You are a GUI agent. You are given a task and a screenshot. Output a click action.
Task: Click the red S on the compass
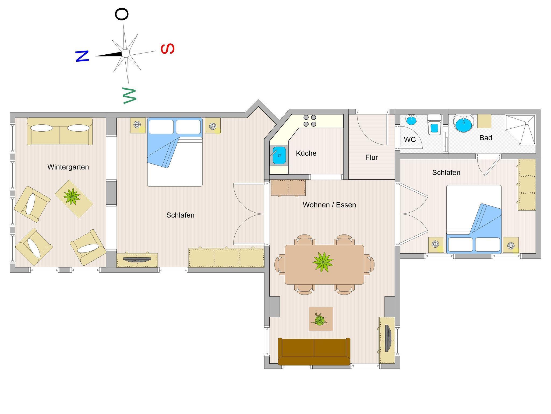[x=168, y=48]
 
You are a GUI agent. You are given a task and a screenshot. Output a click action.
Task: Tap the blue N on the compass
[x=82, y=56]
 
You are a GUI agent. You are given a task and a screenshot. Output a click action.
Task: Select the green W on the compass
[x=129, y=95]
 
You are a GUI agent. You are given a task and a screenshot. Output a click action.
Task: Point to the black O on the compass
[x=122, y=14]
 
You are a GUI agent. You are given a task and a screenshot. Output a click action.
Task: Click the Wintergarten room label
[x=68, y=167]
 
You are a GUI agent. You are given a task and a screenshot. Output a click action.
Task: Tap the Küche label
[x=306, y=153]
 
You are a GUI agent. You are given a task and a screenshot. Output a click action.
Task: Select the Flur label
[x=372, y=157]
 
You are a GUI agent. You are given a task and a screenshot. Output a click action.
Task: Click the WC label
[x=410, y=139]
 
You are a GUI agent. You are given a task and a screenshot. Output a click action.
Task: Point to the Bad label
[x=486, y=138]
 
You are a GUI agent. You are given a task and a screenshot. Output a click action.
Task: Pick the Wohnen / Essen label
[x=329, y=205]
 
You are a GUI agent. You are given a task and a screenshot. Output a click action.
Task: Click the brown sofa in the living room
[x=314, y=352]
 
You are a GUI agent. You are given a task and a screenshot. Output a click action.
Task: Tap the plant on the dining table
[x=323, y=262]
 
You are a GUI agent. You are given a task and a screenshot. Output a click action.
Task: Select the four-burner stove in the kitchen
[x=310, y=121]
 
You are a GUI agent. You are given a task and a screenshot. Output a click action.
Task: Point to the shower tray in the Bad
[x=520, y=130]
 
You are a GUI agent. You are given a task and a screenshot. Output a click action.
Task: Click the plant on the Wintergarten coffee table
[x=72, y=197]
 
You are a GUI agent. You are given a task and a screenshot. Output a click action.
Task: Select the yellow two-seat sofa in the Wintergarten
[x=60, y=131]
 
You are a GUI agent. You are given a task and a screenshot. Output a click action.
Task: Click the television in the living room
[x=387, y=338]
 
